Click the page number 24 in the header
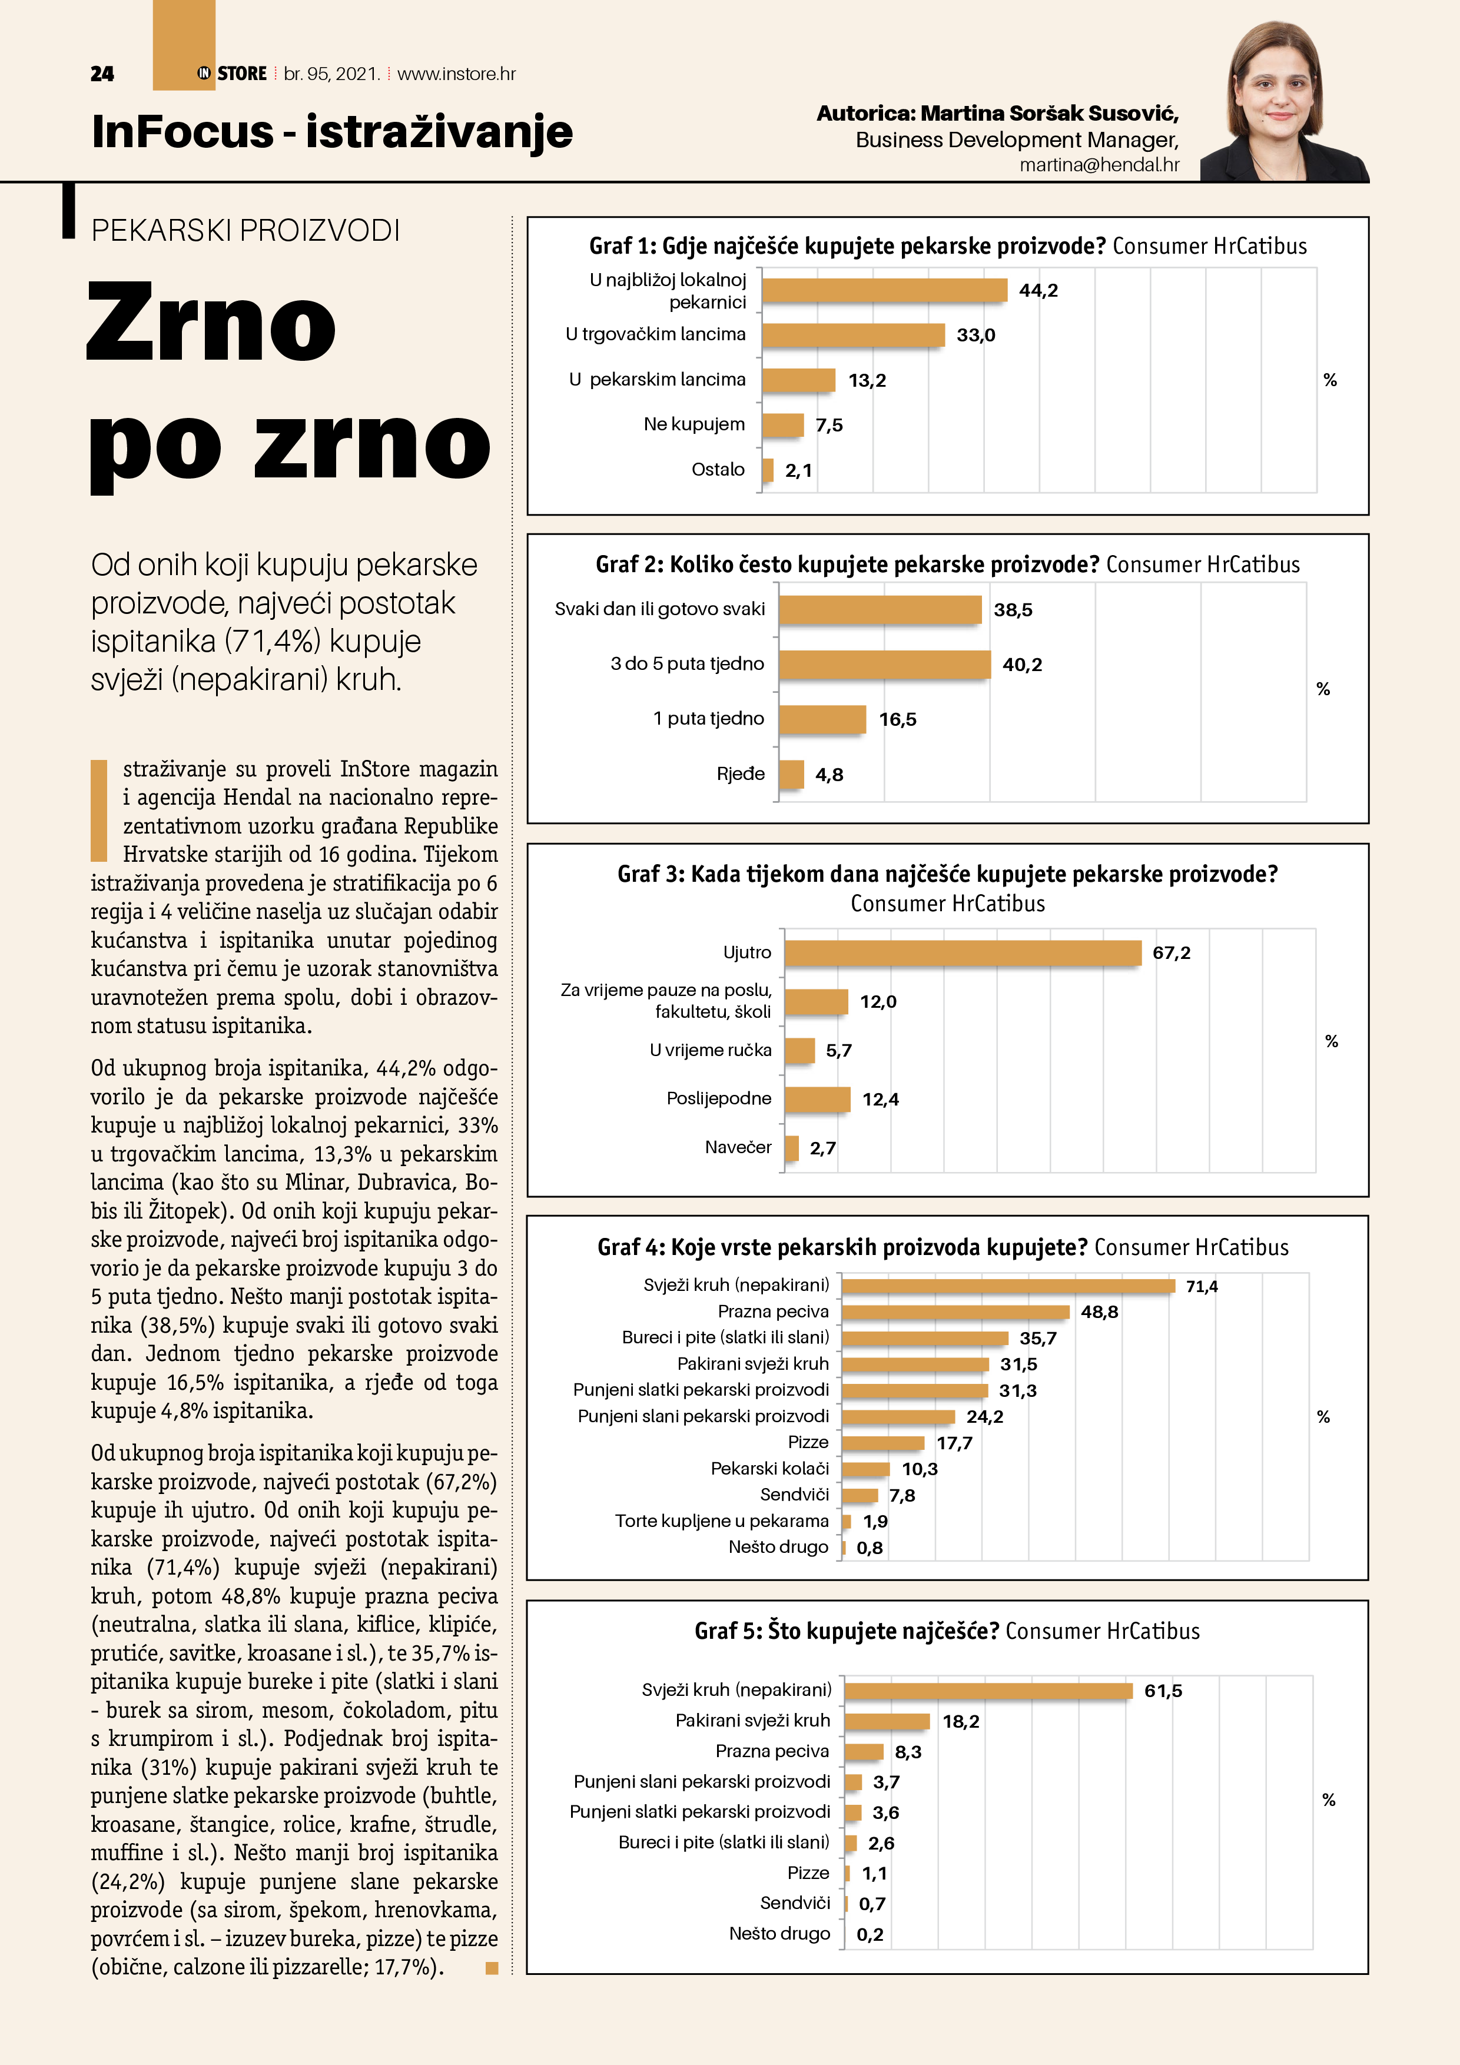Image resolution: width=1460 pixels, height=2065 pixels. click(102, 74)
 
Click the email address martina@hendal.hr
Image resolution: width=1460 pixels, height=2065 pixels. click(1099, 165)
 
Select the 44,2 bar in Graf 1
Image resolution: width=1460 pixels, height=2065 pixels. click(884, 290)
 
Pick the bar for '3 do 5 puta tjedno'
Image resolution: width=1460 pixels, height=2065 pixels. click(884, 665)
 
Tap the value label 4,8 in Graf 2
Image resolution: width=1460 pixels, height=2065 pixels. click(828, 775)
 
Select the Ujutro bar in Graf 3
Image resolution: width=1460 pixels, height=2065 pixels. click(963, 952)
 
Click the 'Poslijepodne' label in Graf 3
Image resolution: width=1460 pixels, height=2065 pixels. click(719, 1098)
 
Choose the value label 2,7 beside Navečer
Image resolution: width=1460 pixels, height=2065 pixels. click(822, 1148)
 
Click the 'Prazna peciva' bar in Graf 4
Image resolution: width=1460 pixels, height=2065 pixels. click(955, 1312)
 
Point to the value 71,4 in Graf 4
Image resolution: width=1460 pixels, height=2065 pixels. click(1201, 1287)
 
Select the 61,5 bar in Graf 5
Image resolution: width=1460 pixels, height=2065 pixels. click(988, 1691)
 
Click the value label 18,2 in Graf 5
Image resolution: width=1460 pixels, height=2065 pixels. click(961, 1721)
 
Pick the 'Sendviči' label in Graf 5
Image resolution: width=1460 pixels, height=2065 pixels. click(794, 1903)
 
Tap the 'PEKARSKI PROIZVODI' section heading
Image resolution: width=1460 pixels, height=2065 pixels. click(245, 231)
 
